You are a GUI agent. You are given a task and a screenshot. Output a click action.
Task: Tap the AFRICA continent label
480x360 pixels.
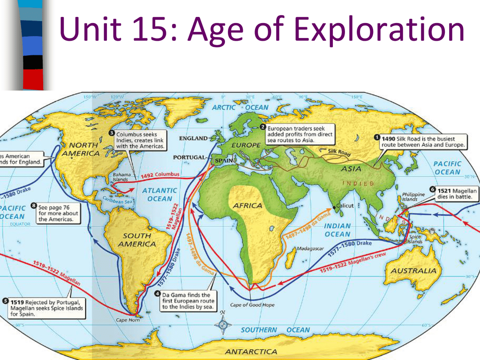248,206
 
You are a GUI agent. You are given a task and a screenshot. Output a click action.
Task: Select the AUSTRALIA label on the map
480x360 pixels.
413,271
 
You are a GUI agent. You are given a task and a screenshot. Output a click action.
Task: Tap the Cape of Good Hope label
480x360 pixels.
252,305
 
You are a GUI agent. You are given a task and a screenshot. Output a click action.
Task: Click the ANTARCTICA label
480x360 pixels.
251,351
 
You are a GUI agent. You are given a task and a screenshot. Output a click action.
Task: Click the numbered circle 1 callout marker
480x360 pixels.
376,138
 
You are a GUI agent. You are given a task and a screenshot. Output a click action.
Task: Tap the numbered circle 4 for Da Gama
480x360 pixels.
158,294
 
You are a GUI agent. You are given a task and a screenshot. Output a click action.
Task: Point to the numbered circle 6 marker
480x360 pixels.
432,190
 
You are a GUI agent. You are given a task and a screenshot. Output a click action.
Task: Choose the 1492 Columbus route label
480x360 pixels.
160,175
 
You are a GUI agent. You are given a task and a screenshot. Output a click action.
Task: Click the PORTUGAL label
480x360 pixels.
189,157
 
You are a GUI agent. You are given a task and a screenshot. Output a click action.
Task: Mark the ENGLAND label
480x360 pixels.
193,138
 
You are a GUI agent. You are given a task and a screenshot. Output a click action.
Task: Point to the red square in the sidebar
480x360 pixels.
33,78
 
